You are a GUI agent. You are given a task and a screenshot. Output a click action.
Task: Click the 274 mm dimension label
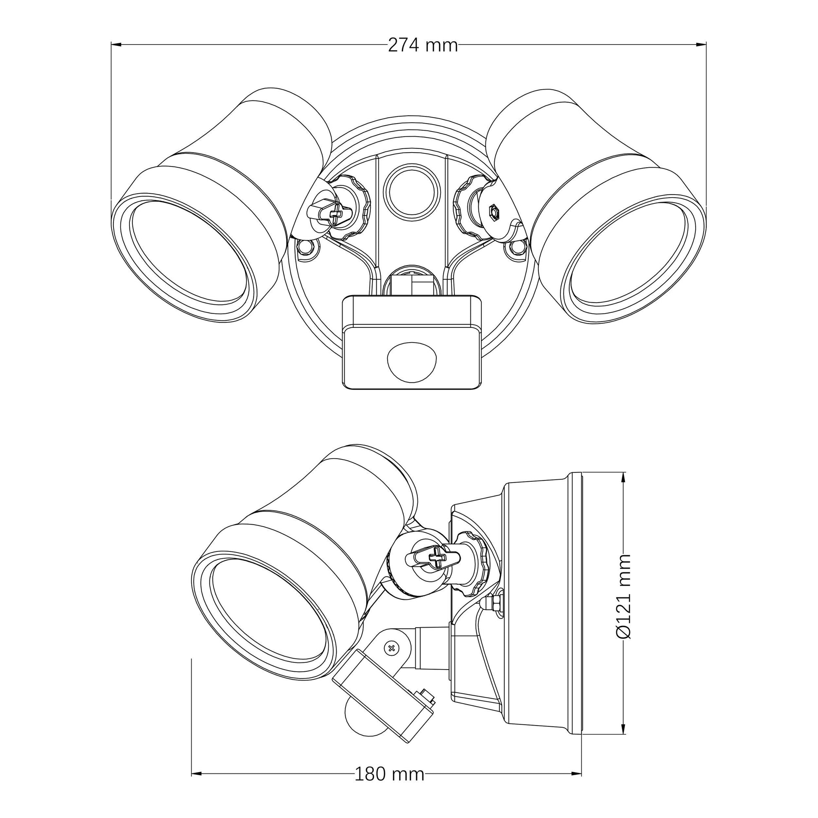point(422,45)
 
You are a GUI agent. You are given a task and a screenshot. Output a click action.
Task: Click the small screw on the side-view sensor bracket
point(391,659)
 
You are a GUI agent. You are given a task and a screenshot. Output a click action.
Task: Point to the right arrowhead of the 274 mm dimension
point(702,44)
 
